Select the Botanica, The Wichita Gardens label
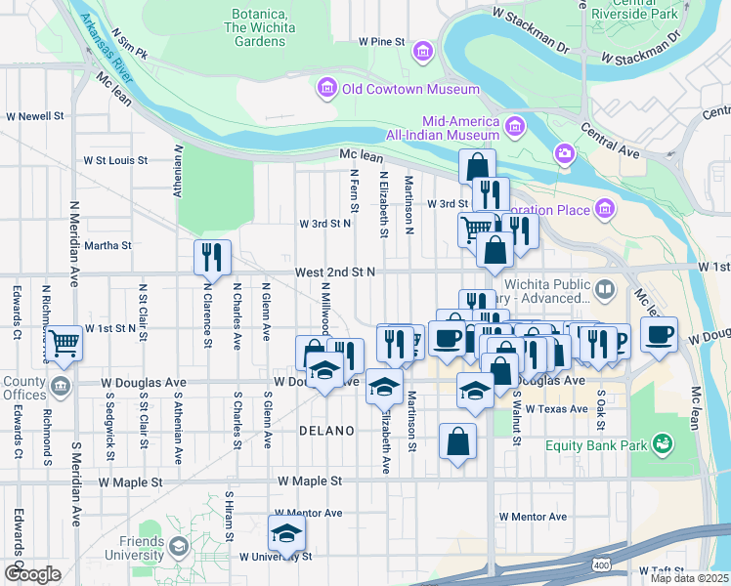259,21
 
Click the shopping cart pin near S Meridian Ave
64,343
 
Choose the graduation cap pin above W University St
286,533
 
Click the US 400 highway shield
602,565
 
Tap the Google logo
32,573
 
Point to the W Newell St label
34,115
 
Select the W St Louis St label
115,160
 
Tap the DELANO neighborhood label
324,431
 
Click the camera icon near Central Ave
565,153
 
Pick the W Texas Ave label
557,408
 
